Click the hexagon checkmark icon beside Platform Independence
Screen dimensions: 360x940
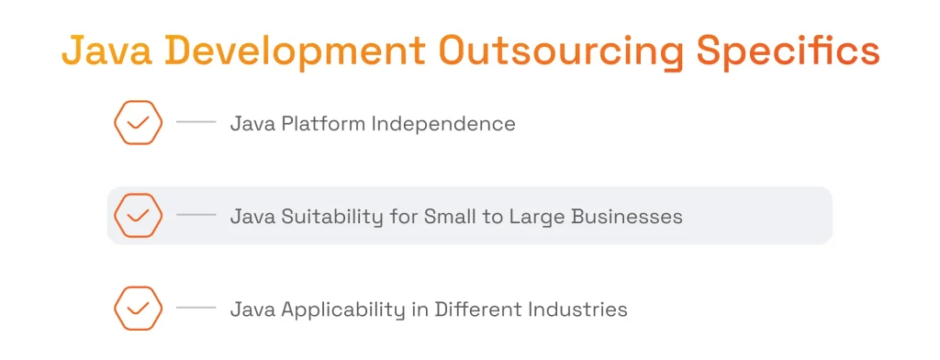coord(138,122)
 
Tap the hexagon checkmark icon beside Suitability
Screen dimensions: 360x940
coord(138,216)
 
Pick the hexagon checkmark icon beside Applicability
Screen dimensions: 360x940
coord(138,309)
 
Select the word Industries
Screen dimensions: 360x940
coord(583,309)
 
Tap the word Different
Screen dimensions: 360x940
coord(481,309)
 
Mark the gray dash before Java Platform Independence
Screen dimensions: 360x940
coord(196,122)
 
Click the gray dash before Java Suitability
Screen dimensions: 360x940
coord(196,216)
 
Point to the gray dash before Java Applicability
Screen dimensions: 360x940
coord(196,309)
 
